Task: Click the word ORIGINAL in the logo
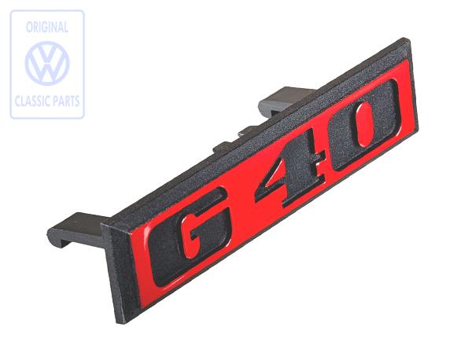point(47,28)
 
